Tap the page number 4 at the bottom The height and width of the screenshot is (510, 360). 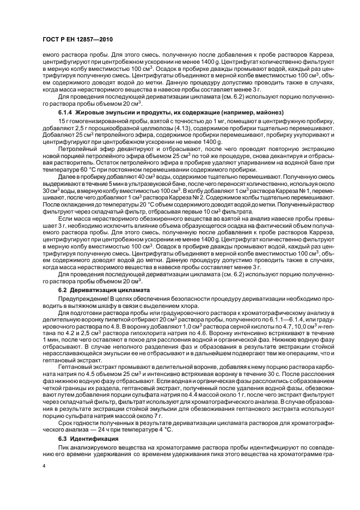(44, 466)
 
